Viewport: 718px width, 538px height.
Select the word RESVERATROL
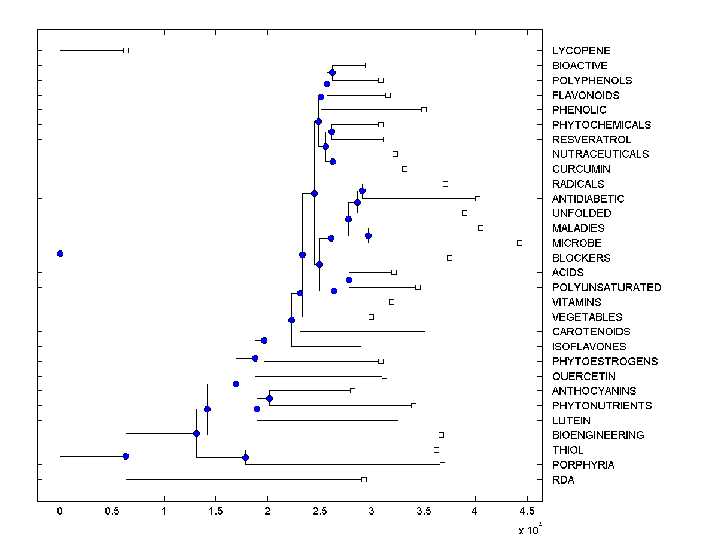(591, 140)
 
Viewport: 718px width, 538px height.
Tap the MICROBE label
(577, 243)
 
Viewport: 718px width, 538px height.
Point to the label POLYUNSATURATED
(607, 288)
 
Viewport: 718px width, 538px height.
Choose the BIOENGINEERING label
(598, 435)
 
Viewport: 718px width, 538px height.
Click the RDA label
(563, 480)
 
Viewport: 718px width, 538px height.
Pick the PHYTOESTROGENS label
(605, 362)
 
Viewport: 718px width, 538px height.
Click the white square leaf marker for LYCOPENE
(126, 50)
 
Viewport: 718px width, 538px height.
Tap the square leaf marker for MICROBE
(519, 243)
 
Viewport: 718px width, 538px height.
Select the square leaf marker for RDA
(364, 479)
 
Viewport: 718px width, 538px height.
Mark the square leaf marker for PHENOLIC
(424, 109)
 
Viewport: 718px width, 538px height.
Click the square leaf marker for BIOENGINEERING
(441, 435)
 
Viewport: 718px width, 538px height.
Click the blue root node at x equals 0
(60, 253)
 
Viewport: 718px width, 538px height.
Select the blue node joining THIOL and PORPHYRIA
(245, 457)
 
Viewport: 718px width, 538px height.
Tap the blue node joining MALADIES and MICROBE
(368, 236)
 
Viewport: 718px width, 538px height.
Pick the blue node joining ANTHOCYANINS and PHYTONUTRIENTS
(269, 398)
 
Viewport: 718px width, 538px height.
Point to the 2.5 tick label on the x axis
(320, 511)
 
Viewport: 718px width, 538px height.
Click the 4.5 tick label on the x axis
(527, 511)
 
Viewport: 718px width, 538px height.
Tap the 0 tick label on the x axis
(60, 511)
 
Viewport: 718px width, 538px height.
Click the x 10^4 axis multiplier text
(529, 529)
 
